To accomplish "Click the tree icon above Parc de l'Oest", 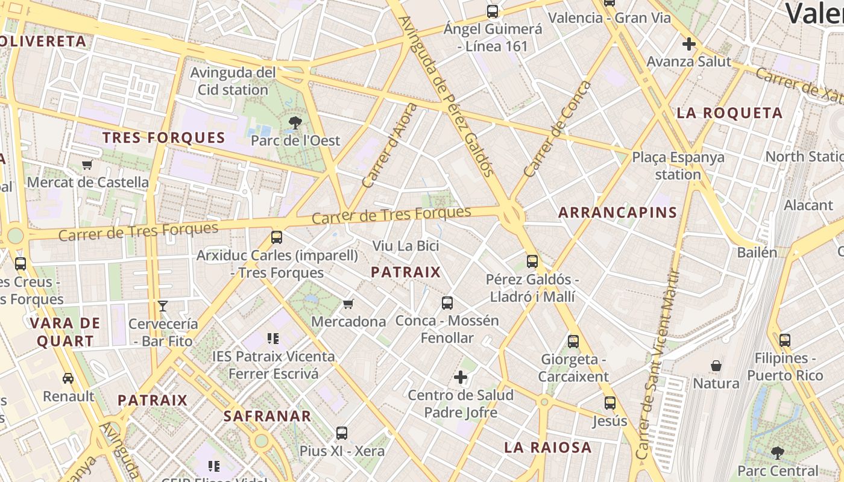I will point(295,123).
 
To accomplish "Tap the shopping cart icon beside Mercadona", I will point(348,304).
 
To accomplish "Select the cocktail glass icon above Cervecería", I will point(163,306).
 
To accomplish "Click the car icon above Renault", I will point(68,378).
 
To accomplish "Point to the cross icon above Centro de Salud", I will point(461,378).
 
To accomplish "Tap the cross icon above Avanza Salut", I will point(688,44).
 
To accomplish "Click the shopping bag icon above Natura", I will point(716,366).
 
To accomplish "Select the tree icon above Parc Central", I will point(778,452).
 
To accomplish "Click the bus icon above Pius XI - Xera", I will point(342,433).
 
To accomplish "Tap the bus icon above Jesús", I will point(610,402).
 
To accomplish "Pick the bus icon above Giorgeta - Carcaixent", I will point(573,342).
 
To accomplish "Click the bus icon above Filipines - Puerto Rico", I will point(784,340).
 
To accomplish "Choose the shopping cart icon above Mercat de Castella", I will point(87,164).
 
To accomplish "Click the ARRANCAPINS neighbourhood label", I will point(617,213).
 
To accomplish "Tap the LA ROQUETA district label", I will point(729,113).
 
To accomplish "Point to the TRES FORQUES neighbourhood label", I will point(163,138).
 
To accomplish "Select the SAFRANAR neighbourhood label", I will point(267,416).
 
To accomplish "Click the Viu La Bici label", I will point(405,246).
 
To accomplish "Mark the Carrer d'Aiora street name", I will point(389,145).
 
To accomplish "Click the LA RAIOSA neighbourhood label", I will point(547,448).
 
